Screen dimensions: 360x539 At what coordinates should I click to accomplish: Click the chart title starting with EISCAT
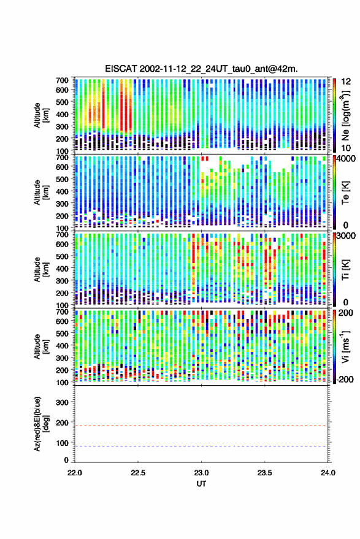pyautogui.click(x=201, y=69)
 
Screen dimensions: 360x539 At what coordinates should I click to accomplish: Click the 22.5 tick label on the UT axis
pyautogui.click(x=138, y=473)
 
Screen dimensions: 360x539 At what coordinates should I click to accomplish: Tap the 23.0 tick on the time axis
pyautogui.click(x=201, y=473)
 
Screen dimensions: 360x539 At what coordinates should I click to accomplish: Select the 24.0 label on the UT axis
pyautogui.click(x=327, y=473)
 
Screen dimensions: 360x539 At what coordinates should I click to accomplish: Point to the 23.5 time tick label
pyautogui.click(x=264, y=473)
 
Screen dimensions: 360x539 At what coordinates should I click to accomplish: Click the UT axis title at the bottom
pyautogui.click(x=201, y=484)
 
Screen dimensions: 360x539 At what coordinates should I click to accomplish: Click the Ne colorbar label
pyautogui.click(x=345, y=115)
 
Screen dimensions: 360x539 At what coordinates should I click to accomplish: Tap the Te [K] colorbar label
pyautogui.click(x=345, y=192)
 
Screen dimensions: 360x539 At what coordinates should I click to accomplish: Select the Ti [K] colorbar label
pyautogui.click(x=345, y=269)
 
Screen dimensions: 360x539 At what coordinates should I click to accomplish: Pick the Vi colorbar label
pyautogui.click(x=345, y=346)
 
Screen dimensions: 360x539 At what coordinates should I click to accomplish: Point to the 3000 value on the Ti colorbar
pyautogui.click(x=346, y=236)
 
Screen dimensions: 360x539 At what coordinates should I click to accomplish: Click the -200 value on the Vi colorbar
pyautogui.click(x=344, y=380)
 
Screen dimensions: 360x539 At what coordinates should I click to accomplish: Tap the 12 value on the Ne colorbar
pyautogui.click(x=346, y=82)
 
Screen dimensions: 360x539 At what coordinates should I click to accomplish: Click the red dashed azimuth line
pyautogui.click(x=201, y=426)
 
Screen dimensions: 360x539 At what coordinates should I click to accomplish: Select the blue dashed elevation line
pyautogui.click(x=201, y=446)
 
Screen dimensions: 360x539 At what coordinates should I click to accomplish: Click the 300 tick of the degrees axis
pyautogui.click(x=63, y=402)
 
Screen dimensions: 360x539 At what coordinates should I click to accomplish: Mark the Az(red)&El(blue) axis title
pyautogui.click(x=40, y=424)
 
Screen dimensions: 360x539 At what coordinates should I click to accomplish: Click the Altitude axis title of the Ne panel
pyautogui.click(x=40, y=115)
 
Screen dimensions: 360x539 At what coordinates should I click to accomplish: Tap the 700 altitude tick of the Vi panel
pyautogui.click(x=62, y=312)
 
